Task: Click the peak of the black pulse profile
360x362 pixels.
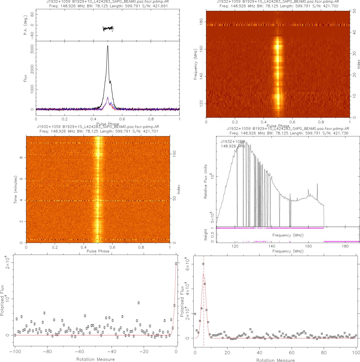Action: click(108, 46)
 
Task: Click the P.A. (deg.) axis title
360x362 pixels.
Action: click(26, 25)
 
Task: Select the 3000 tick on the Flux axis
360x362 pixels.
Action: click(32, 49)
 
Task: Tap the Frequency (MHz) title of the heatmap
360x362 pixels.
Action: click(195, 64)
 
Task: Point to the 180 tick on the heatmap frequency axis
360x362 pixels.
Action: click(201, 22)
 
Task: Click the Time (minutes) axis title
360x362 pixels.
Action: click(15, 190)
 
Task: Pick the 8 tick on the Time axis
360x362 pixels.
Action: click(21, 158)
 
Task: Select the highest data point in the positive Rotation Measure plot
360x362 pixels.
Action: click(203, 264)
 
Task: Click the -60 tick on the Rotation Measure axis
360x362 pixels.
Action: click(79, 352)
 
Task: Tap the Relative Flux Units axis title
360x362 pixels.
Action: click(206, 181)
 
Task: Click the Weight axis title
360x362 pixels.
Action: click(206, 235)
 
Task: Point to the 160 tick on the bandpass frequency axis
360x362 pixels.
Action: click(308, 246)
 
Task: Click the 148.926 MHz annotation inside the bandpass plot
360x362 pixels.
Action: click(233, 146)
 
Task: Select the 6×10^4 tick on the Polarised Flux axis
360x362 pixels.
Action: click(188, 264)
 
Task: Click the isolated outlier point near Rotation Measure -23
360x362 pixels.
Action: click(139, 303)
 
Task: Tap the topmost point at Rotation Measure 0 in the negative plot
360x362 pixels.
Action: click(176, 263)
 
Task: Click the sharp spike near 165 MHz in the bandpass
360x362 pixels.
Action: click(317, 184)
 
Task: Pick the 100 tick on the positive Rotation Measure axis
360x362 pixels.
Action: click(356, 353)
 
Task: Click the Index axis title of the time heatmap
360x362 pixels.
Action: click(179, 189)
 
